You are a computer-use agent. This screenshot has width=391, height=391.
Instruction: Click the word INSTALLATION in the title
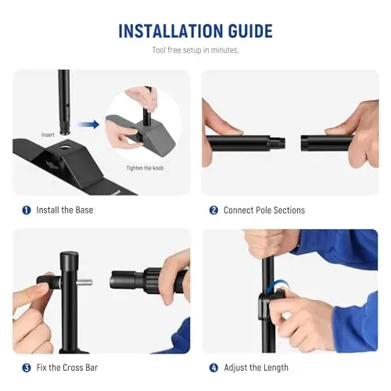point(170,31)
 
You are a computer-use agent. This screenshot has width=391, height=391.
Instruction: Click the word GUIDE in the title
point(250,31)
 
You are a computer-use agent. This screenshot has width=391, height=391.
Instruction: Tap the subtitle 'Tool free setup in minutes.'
point(195,50)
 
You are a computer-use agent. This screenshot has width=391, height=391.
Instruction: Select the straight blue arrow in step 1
point(88,124)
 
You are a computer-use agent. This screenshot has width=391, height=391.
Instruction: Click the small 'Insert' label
point(48,135)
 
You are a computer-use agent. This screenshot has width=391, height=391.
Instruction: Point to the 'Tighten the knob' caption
point(145,168)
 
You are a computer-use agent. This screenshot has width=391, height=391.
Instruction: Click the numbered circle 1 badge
point(27,210)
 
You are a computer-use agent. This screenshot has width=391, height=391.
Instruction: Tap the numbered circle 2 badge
point(213,210)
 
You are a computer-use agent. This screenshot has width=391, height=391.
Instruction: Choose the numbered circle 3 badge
point(27,368)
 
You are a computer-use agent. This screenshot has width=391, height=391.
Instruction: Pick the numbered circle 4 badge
point(213,368)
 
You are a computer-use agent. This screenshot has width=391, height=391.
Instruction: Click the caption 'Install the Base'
point(65,210)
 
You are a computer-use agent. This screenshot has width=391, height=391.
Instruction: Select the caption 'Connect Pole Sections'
point(264,210)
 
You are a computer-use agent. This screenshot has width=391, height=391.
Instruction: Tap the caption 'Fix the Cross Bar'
point(67,368)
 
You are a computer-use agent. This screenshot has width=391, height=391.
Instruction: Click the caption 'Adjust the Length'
point(256,368)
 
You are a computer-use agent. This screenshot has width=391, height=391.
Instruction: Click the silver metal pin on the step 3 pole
point(85,282)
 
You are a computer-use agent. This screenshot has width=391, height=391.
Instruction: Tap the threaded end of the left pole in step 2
point(277,143)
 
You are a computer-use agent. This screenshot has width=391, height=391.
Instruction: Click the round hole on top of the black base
point(63,148)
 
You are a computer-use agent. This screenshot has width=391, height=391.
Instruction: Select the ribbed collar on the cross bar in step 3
point(152,280)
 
